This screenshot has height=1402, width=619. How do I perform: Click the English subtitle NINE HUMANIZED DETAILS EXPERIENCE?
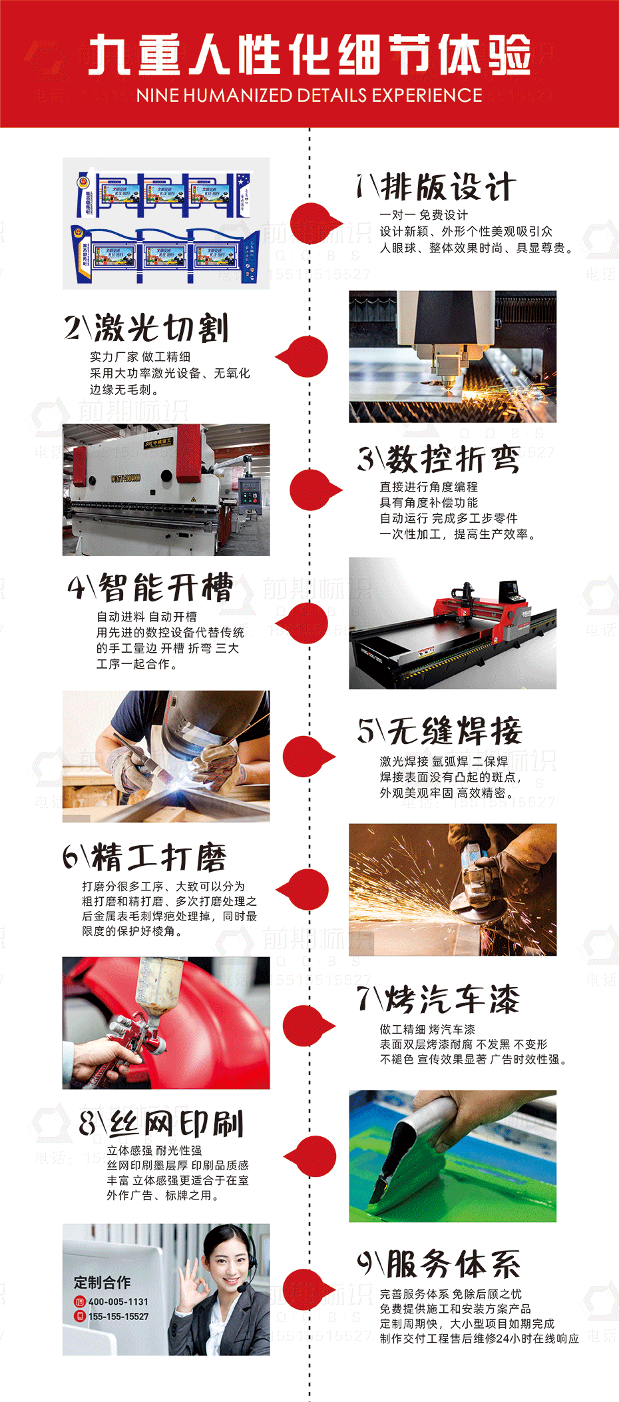[x=309, y=95]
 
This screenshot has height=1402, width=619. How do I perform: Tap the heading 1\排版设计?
[x=436, y=186]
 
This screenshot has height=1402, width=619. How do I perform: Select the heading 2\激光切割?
[x=147, y=328]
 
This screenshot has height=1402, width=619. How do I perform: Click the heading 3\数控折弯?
[x=439, y=459]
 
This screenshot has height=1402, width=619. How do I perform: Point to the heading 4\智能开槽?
[x=150, y=587]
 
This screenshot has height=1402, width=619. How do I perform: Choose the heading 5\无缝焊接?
[x=439, y=731]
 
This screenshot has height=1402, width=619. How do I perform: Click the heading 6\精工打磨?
[x=145, y=857]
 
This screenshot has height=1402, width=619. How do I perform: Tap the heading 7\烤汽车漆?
[x=438, y=999]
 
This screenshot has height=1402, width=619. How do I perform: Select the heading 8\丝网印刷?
[x=161, y=1124]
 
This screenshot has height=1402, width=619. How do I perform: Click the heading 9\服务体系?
[x=439, y=1263]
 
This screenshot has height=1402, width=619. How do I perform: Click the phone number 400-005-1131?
[x=118, y=1301]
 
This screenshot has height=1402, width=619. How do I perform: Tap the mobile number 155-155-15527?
[x=118, y=1317]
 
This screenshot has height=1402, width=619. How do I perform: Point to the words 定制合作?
[x=102, y=1282]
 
